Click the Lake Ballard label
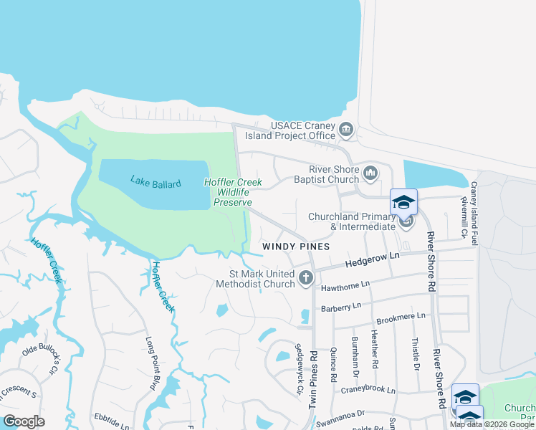[155, 181]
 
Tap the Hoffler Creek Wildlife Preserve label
[232, 192]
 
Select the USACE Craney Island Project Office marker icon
[346, 130]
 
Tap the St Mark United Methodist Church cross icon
[306, 277]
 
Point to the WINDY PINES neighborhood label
[295, 246]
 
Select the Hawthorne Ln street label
[345, 285]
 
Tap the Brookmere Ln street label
[401, 315]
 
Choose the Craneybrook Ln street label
[368, 391]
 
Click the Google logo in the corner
[24, 421]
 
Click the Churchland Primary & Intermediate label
[351, 221]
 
